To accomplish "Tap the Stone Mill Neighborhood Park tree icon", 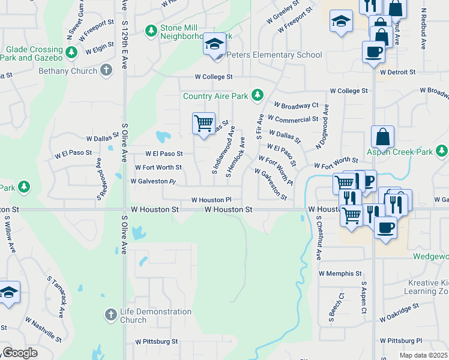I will (x=151, y=29).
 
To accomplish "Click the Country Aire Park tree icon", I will (x=258, y=95).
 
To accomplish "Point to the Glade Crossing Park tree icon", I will (x=72, y=53).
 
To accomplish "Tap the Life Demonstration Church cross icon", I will (x=110, y=314).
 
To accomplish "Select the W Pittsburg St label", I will (x=157, y=341).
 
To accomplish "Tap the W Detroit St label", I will (x=397, y=72).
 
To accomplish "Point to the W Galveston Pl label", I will (x=153, y=181).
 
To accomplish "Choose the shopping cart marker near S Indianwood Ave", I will (x=203, y=123).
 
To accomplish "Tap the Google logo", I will (x=19, y=352).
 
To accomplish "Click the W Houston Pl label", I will (x=211, y=200).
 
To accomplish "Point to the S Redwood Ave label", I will (x=100, y=179).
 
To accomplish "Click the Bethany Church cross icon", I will (x=106, y=71).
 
